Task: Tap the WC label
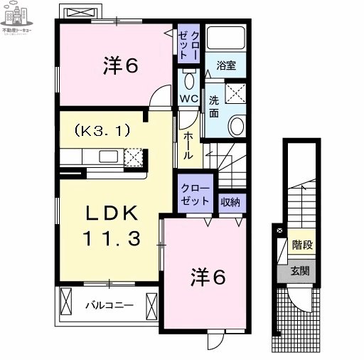[188, 99]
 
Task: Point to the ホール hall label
[188, 146]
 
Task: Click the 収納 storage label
[230, 201]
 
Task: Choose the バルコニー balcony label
[109, 305]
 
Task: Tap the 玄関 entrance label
[300, 270]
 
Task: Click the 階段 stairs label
[302, 245]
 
